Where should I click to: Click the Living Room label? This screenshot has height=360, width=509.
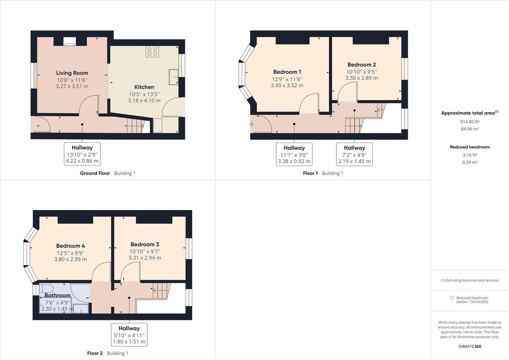72,73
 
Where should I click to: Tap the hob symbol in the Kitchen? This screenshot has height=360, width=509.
152,52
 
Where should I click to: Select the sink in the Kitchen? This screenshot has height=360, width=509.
174,77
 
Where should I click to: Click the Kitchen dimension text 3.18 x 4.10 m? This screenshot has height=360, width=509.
144,101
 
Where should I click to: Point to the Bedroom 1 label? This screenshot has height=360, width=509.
287,72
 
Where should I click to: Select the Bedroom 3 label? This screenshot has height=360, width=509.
145,244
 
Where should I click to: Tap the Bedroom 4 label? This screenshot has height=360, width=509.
71,246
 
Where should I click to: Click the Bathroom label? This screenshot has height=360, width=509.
57,295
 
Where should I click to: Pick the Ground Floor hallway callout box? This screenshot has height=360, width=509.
82,154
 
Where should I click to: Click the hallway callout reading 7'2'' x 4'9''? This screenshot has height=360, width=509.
354,154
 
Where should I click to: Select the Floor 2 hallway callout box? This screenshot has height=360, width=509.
129,335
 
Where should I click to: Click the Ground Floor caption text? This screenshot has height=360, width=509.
95,173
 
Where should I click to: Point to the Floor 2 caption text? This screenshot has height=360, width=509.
95,353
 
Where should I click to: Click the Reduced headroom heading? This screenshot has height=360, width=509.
470,147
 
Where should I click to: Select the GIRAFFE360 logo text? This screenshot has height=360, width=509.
470,346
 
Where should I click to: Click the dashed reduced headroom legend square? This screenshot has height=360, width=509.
452,298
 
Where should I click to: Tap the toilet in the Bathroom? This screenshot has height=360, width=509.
46,287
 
